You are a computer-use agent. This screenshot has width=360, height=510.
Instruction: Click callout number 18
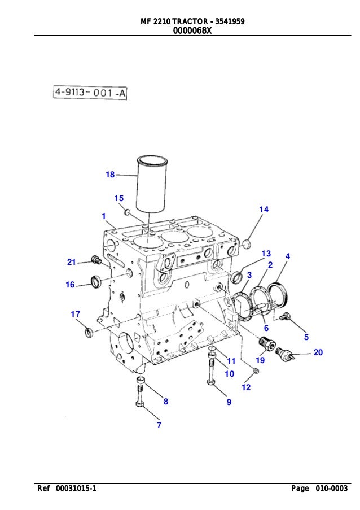(x=110, y=175)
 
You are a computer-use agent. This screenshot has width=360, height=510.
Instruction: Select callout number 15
(x=118, y=198)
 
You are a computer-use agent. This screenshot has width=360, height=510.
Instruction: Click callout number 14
(x=264, y=210)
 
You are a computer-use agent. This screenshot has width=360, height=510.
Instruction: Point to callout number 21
(x=71, y=261)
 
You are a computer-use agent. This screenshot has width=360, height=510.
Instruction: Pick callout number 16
(x=70, y=285)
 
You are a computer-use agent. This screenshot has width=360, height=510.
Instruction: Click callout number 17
(x=75, y=314)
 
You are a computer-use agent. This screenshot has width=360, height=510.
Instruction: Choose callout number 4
(x=288, y=256)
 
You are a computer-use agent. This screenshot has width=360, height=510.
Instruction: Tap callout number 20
(x=318, y=352)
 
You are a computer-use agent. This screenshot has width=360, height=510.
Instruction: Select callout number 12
(x=246, y=387)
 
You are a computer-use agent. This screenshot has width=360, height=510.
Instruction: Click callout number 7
(x=159, y=425)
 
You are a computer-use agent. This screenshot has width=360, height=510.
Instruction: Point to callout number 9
(x=229, y=402)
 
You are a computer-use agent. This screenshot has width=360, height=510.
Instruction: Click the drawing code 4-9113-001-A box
(x=90, y=93)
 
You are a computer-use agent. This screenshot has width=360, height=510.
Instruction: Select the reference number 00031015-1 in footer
(x=71, y=489)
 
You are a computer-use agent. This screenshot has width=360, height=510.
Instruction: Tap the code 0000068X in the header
(x=192, y=31)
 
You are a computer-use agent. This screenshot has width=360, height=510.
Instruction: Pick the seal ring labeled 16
(x=96, y=280)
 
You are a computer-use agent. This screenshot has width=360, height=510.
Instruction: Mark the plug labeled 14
(x=245, y=244)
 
